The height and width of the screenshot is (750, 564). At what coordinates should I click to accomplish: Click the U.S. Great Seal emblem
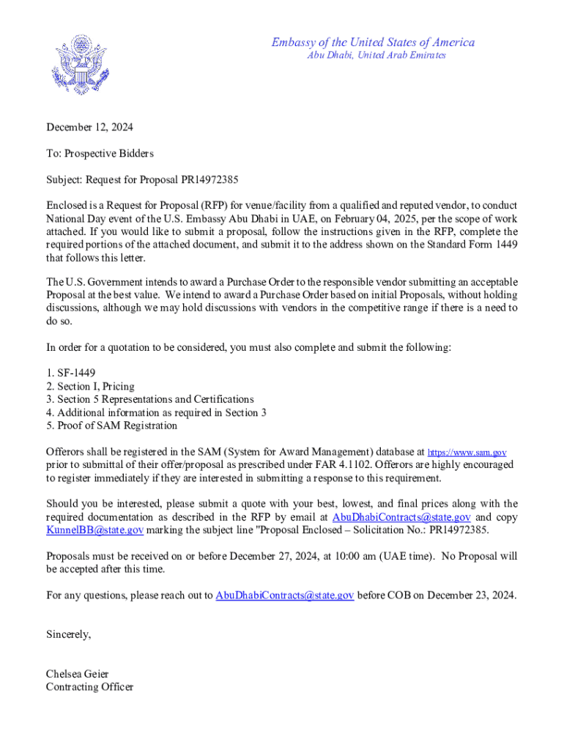pos(82,64)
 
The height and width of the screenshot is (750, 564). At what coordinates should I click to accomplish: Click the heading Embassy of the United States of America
pos(373,42)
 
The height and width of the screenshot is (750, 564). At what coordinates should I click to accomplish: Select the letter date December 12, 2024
pos(90,127)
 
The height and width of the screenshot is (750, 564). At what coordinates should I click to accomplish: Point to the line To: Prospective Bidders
pos(100,153)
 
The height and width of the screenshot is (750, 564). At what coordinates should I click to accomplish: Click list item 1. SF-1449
pos(70,373)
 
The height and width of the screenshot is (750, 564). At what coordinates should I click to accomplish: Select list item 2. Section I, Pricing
pos(90,386)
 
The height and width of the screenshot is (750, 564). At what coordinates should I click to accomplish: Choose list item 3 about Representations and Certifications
pos(149,399)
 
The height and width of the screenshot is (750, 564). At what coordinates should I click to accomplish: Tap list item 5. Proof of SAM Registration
pos(111,426)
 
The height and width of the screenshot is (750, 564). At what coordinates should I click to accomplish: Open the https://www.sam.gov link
pos(467,453)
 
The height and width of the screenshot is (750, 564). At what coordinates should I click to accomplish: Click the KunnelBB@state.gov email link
pos(94,530)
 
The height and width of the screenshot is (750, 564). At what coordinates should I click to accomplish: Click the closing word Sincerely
pos(68,634)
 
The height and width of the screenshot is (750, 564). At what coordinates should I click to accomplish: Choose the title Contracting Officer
pos(89,687)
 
